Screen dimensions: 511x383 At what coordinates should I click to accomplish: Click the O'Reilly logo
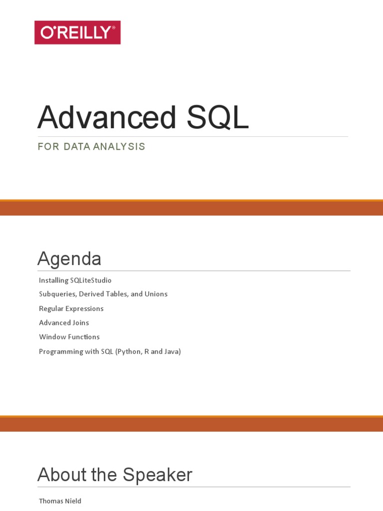point(77,32)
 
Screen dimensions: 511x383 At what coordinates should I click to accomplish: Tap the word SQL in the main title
point(217,118)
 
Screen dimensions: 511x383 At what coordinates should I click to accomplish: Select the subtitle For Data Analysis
point(91,147)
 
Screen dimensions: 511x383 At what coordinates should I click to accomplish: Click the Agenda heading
point(69,259)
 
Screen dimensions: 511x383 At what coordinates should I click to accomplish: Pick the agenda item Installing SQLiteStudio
point(75,280)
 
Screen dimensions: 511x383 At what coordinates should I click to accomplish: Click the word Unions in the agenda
point(156,294)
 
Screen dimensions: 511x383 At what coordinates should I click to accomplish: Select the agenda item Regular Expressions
point(71,308)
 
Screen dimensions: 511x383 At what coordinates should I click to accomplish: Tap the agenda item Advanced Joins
point(64,323)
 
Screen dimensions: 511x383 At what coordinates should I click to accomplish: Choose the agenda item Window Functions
point(69,337)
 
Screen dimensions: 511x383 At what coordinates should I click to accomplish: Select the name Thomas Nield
point(60,501)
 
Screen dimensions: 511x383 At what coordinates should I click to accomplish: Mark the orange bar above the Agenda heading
point(191,208)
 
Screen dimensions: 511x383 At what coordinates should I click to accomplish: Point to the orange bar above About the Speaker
point(191,424)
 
